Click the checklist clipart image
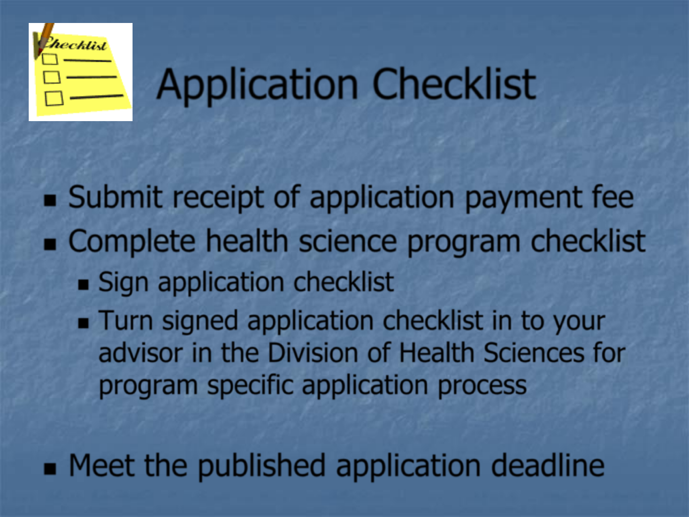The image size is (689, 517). click(x=81, y=72)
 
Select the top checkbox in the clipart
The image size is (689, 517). click(x=50, y=59)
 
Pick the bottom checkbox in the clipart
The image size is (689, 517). click(x=54, y=98)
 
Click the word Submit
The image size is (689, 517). click(x=115, y=197)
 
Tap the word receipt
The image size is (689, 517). click(x=219, y=198)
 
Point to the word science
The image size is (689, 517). click(x=348, y=241)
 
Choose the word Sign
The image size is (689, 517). click(x=123, y=283)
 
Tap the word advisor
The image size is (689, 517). click(x=141, y=353)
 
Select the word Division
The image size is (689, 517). click(x=313, y=352)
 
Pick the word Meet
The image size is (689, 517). click(x=102, y=465)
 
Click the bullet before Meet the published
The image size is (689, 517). click(x=50, y=469)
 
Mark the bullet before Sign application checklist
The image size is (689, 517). click(x=83, y=285)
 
